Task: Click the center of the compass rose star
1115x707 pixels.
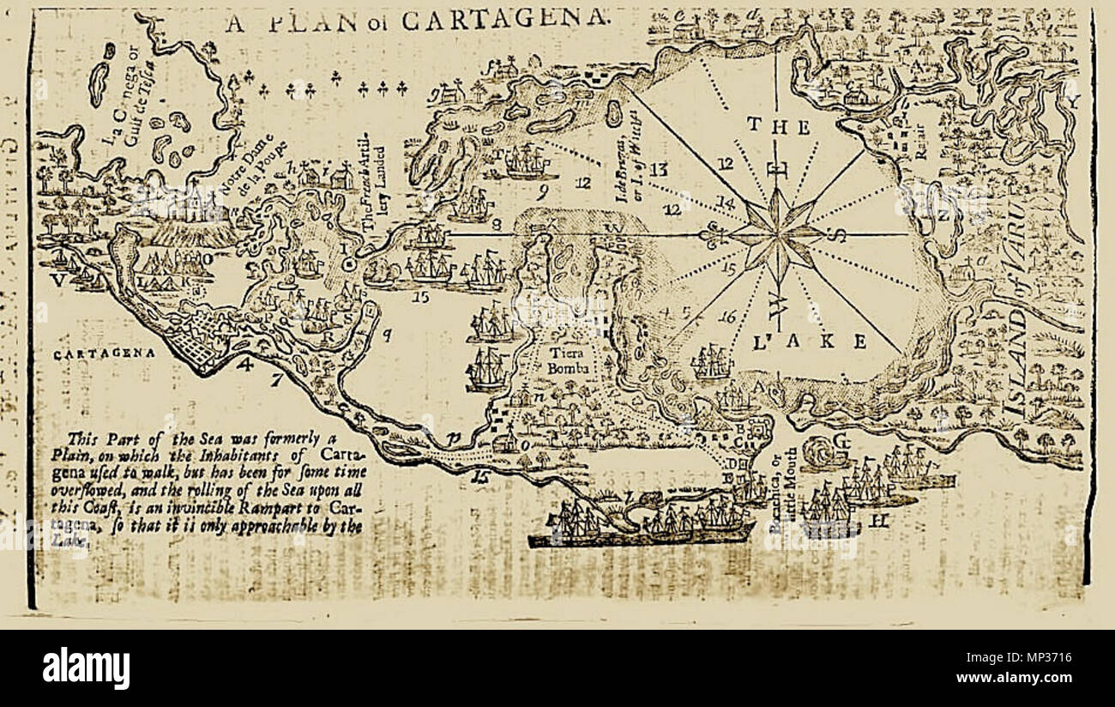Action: [777, 233]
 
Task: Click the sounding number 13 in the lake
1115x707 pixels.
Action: [658, 169]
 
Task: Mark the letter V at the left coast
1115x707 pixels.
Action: [57, 280]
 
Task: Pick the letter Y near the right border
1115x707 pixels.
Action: [1070, 102]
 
